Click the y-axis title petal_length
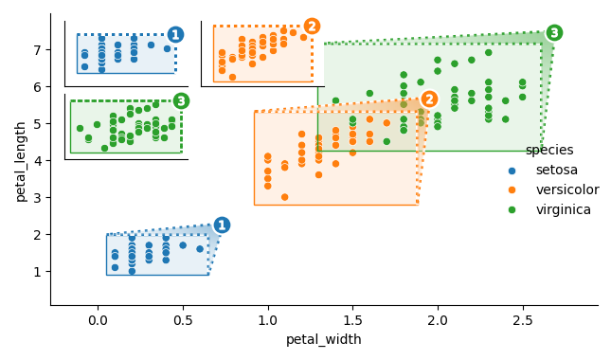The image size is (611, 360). click(x=21, y=160)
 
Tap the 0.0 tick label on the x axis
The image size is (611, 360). click(x=99, y=320)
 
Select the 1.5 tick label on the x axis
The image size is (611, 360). click(x=352, y=320)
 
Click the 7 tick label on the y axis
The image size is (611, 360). click(x=37, y=49)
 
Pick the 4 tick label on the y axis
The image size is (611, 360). click(x=37, y=160)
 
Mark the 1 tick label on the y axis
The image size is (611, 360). click(x=37, y=272)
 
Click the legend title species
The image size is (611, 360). click(x=549, y=150)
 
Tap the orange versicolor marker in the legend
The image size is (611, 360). click(x=512, y=190)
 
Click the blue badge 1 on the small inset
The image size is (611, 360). click(x=175, y=35)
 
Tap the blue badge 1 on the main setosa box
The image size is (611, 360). click(x=222, y=225)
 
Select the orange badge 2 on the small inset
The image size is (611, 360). click(x=312, y=27)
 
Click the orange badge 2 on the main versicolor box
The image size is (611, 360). click(x=429, y=99)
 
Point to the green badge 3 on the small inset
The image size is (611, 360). click(x=181, y=100)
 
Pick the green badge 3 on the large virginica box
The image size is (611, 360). click(x=554, y=33)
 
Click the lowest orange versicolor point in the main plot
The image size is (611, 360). click(x=284, y=197)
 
